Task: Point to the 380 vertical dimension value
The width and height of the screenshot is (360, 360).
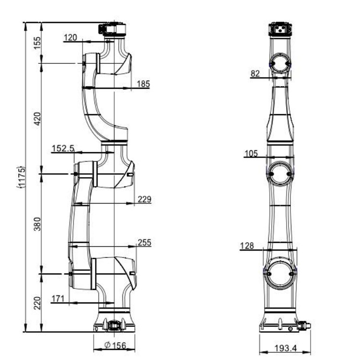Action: pos(37,224)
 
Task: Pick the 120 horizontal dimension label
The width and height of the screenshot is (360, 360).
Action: pos(70,37)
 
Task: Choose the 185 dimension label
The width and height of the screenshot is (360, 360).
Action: pos(143,84)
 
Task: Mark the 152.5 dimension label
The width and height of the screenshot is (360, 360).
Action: pos(63,148)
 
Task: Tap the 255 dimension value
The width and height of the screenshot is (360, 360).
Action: pos(144,243)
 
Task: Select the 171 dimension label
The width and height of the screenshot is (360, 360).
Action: pos(58,299)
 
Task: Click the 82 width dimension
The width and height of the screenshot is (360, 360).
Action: pos(255,73)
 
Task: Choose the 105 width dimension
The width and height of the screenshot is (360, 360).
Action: pos(251,154)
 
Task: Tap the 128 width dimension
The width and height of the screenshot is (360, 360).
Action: pos(247,246)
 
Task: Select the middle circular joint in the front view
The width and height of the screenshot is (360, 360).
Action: pos(280,174)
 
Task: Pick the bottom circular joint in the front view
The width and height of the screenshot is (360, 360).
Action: pos(280,273)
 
